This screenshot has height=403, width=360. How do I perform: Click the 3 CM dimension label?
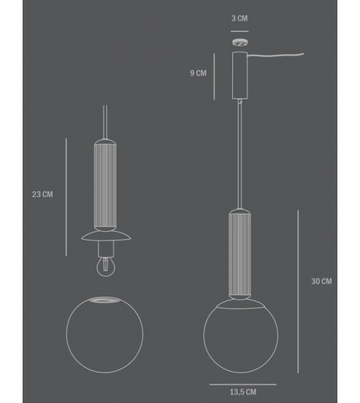point(238,19)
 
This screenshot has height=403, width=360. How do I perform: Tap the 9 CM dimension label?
point(198,73)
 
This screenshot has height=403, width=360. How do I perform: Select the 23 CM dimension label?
point(42,195)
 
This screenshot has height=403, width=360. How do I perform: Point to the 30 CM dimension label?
point(321,281)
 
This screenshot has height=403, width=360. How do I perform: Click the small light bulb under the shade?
point(104,267)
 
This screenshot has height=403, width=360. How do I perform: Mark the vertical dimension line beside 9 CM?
point(214,76)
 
